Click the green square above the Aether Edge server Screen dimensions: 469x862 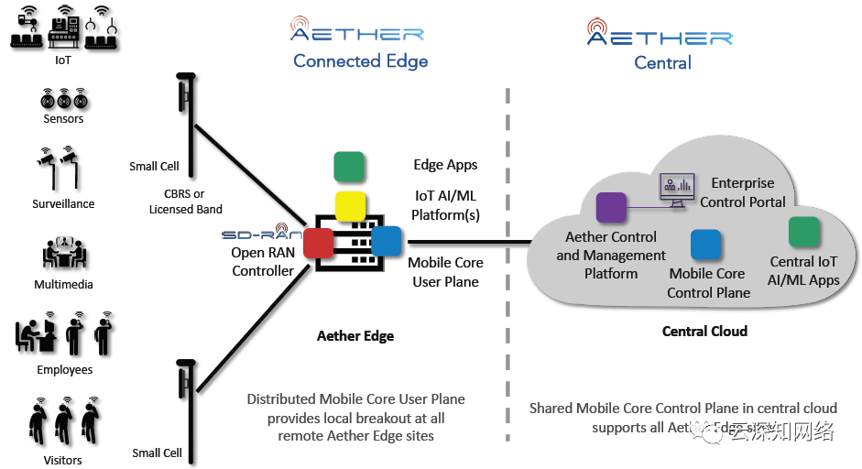349,167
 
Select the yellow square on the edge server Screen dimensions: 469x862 350,206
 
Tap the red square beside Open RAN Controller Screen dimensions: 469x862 318,243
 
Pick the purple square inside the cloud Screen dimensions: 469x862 611,208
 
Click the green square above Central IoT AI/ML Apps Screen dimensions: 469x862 803,232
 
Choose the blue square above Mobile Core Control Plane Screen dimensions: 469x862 705,245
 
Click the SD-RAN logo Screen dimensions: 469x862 262,234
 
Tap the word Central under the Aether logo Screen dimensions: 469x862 662,63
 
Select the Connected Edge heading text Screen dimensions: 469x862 360,61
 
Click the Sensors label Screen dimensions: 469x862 63,119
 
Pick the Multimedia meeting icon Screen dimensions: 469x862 63,254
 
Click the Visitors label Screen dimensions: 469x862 63,460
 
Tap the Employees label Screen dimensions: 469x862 64,370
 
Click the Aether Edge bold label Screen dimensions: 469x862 355,335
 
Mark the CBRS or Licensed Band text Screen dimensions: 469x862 186,202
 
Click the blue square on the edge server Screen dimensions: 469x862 387,240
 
